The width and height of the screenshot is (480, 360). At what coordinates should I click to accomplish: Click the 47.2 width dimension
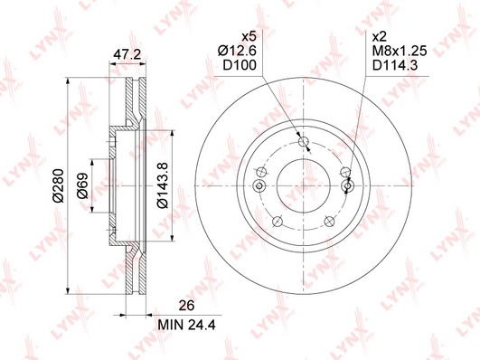pos(126,54)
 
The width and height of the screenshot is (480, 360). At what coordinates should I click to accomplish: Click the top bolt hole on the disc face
pos(304,140)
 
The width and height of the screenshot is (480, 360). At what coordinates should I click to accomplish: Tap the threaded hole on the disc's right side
pos(350,186)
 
